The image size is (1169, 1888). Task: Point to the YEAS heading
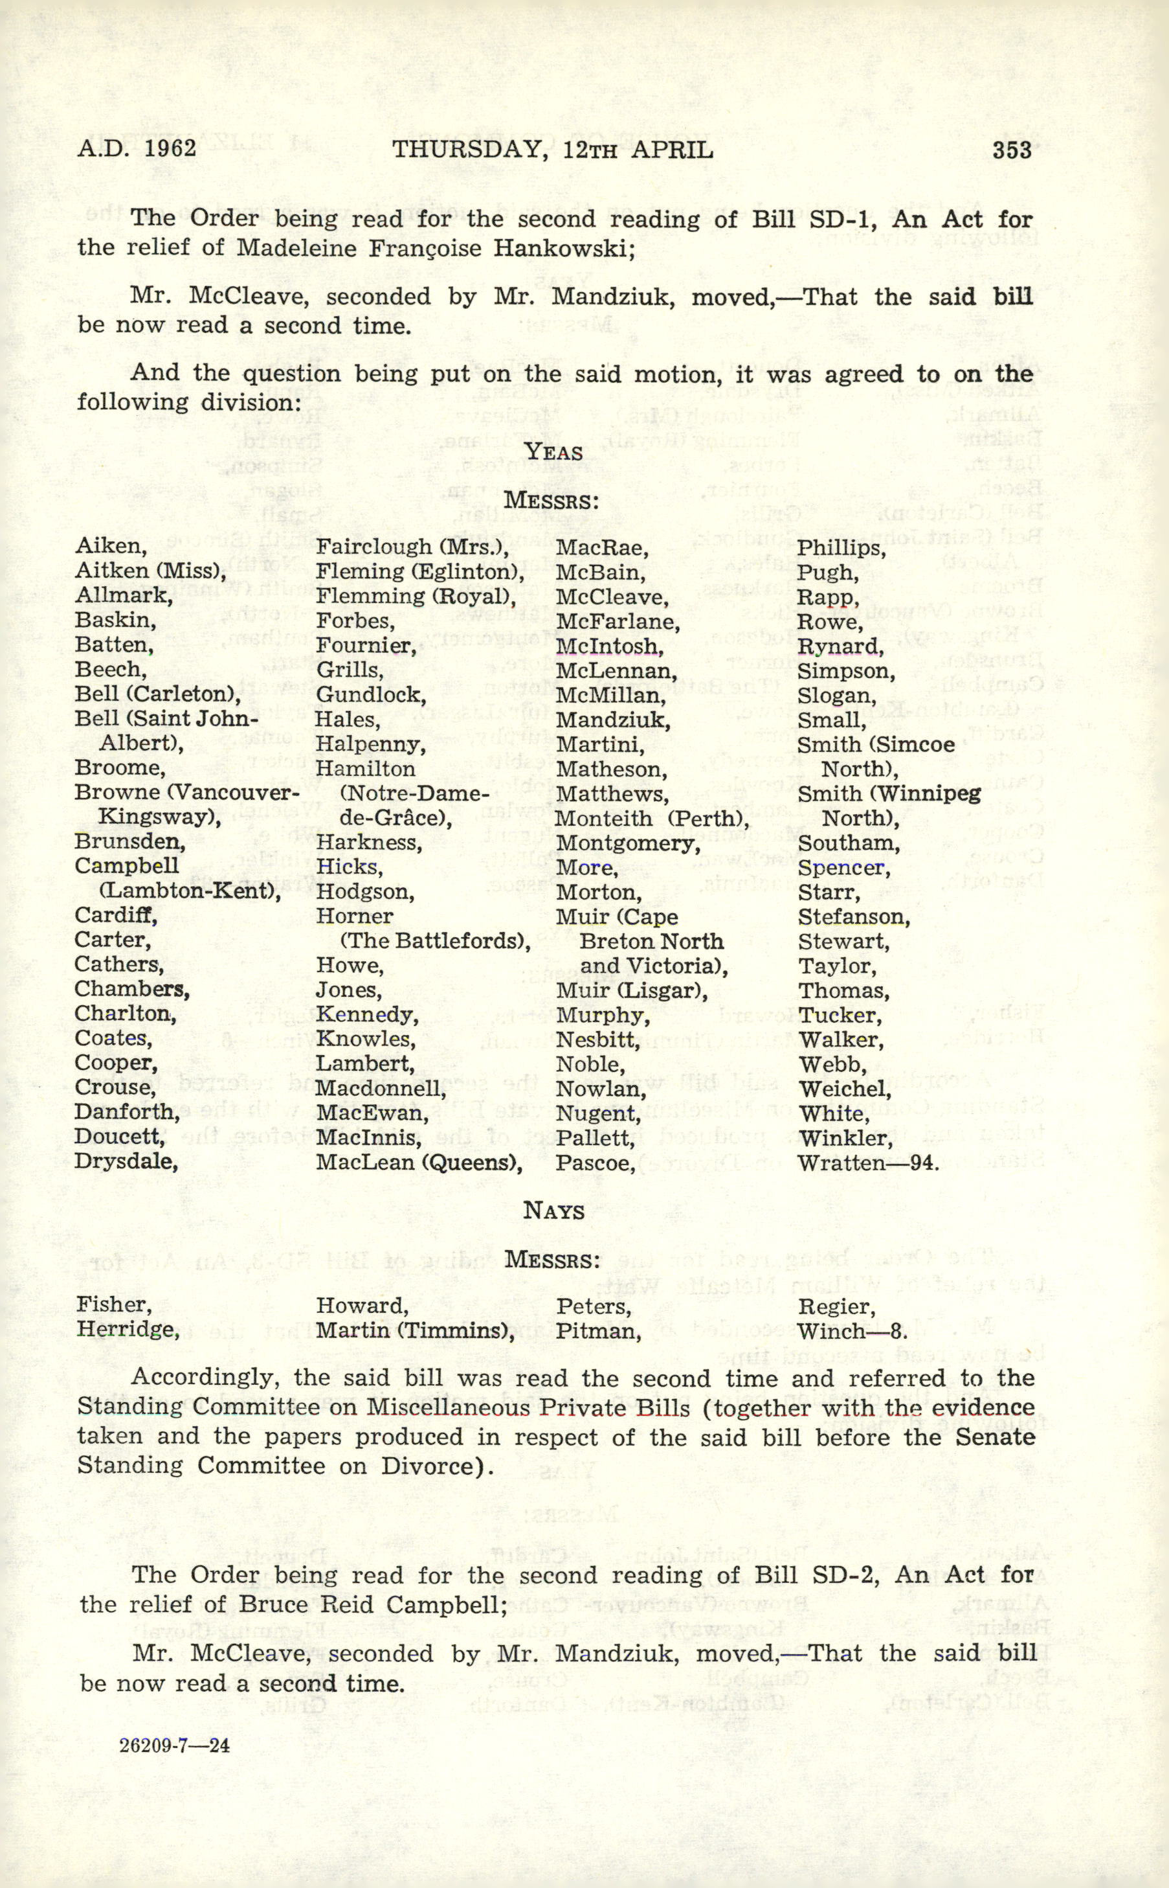pos(553,451)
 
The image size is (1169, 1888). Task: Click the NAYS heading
pos(553,1211)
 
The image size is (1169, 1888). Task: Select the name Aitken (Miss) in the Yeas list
pos(150,572)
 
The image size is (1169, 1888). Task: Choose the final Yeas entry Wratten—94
pos(868,1163)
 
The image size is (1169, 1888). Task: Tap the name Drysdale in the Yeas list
pos(126,1162)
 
